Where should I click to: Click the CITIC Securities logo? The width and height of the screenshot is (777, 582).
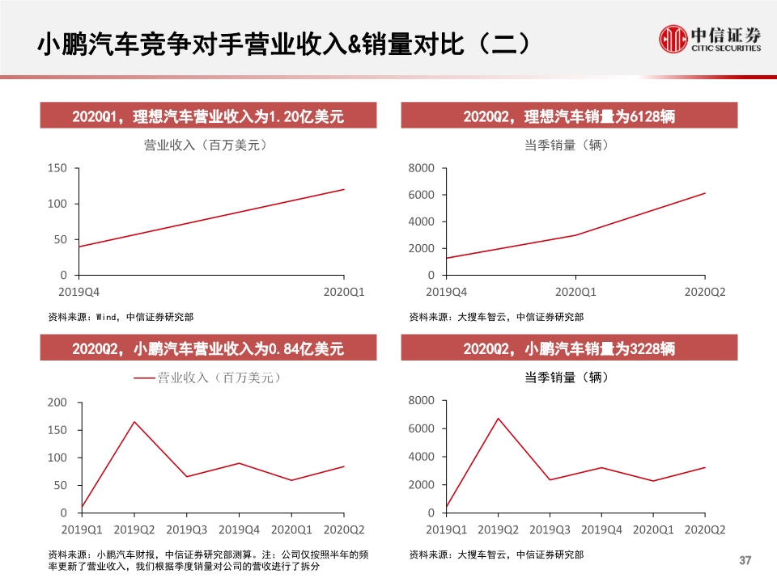(x=710, y=39)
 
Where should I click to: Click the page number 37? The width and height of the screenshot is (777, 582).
(x=746, y=560)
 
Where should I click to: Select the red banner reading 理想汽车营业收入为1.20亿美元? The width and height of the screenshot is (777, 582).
(x=208, y=116)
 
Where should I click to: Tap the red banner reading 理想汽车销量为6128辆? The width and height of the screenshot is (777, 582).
(x=569, y=116)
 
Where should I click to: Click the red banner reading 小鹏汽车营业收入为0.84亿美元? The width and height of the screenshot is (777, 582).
(x=208, y=348)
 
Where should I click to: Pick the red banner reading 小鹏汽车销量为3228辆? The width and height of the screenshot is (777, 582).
(x=569, y=348)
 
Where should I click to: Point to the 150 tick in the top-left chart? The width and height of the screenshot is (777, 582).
(x=57, y=168)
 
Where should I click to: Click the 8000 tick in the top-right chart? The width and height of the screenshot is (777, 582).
(x=422, y=168)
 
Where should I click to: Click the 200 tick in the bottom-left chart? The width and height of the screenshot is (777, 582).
(x=57, y=403)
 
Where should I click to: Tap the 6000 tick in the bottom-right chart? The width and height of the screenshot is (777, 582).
(x=422, y=428)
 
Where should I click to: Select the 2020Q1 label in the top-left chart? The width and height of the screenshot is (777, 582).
(x=344, y=291)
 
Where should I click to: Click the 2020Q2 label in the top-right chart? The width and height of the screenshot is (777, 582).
(x=705, y=291)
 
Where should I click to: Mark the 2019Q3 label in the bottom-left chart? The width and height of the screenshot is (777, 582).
(x=187, y=529)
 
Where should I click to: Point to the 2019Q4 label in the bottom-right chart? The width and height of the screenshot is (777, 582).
(x=601, y=529)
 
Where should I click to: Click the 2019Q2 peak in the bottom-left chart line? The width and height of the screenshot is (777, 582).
(x=134, y=421)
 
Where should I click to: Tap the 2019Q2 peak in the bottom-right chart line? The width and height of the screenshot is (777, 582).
(x=498, y=419)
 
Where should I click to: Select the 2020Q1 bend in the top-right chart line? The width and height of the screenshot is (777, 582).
(x=575, y=235)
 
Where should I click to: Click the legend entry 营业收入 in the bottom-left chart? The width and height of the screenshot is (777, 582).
(x=207, y=377)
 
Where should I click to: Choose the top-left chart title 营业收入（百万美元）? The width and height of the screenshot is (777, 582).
(x=206, y=145)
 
